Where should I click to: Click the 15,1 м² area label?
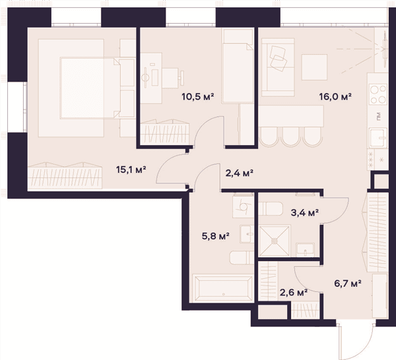(131, 169)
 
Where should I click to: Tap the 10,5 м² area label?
(198, 96)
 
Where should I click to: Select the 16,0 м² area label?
(335, 96)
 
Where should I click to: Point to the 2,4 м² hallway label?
(239, 173)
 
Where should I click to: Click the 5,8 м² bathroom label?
(215, 236)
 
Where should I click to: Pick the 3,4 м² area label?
(304, 213)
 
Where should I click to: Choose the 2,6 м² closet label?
(294, 292)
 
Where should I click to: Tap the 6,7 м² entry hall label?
(348, 284)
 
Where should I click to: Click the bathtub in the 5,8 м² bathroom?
(223, 288)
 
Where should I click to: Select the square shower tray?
(275, 241)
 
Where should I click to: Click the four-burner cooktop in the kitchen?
(378, 94)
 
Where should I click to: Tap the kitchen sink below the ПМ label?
(378, 138)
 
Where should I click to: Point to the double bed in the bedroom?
(90, 88)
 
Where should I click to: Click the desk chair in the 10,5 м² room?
(173, 78)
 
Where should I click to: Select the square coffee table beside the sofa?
(314, 67)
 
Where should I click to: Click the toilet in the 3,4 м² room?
(270, 208)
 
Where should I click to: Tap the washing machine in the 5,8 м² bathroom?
(243, 207)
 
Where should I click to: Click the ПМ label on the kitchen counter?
(379, 116)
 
